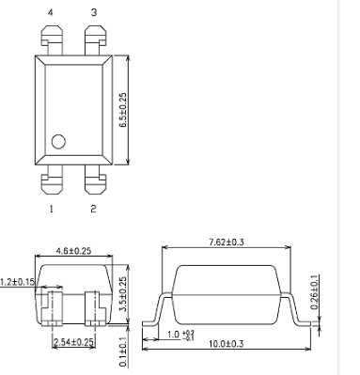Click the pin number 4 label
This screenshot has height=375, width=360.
[x=52, y=12]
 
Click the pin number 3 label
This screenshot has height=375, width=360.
[x=92, y=12]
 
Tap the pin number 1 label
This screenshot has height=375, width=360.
[x=52, y=209]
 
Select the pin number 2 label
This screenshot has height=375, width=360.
[x=92, y=209]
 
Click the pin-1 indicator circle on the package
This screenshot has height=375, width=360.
[x=58, y=142]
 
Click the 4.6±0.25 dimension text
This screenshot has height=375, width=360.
[x=72, y=251]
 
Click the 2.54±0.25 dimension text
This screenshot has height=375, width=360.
[x=73, y=341]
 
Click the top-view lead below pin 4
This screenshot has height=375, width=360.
[x=52, y=39]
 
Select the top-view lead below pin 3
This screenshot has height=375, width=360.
[x=94, y=39]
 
